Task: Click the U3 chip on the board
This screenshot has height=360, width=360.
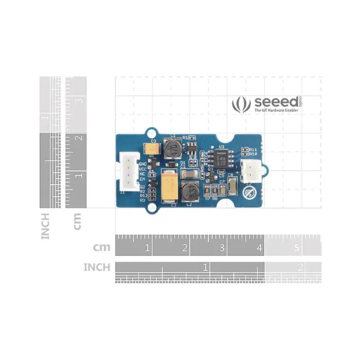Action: pos(223,157)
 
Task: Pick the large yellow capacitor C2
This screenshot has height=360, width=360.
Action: pos(169,186)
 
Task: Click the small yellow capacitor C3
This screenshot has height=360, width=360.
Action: pos(152,149)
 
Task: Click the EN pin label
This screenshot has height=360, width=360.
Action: pos(142,179)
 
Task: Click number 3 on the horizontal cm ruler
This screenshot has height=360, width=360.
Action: pos(222,248)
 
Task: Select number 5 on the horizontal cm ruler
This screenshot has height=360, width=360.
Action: pos(297,248)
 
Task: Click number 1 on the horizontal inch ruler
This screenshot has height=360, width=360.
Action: pos(205,267)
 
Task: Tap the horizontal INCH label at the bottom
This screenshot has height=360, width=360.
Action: pos(97,267)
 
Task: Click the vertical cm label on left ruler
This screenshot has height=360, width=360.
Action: pos(77,222)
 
